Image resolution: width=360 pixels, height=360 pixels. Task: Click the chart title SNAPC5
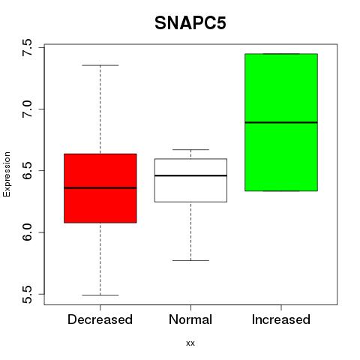190,23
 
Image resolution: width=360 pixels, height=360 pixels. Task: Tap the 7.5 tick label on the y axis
27,48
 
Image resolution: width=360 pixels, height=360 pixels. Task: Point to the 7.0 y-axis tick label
27,109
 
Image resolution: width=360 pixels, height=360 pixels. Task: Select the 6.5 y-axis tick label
27,171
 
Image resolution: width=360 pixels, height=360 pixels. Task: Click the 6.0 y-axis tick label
27,232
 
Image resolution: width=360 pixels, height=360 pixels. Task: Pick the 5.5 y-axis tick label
27,294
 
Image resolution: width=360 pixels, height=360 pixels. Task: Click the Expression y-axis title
7,174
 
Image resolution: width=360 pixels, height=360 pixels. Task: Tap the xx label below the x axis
190,343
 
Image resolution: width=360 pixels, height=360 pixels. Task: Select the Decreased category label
100,319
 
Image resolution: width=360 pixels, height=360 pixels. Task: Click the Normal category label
190,319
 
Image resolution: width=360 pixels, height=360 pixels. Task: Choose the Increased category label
281,319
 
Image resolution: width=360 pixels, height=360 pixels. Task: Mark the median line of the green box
281,122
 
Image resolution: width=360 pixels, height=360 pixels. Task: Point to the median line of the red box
100,187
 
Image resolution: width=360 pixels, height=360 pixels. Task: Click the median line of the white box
190,175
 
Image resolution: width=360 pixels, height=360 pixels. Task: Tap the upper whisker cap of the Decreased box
100,65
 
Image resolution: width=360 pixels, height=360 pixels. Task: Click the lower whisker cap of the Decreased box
100,295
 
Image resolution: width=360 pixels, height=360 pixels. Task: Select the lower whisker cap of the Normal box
190,260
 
